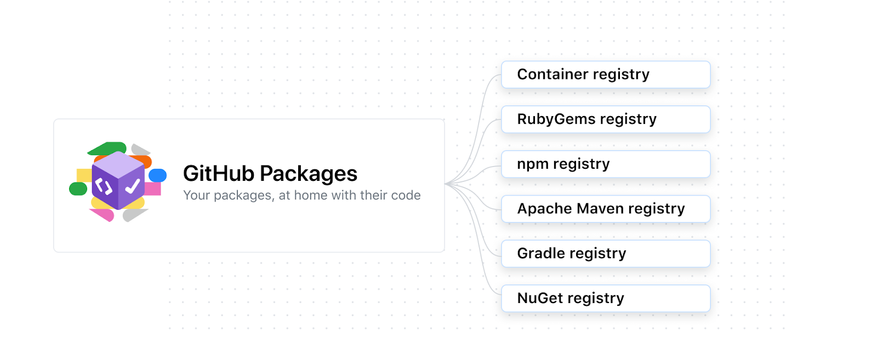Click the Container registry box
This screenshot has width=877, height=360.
tap(606, 75)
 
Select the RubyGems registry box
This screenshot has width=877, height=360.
tap(606, 119)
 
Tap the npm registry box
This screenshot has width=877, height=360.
tap(606, 164)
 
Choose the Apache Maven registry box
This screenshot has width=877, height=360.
tap(606, 209)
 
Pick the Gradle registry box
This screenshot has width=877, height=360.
tap(606, 254)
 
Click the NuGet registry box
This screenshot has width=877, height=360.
tap(606, 299)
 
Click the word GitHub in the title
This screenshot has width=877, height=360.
tap(219, 174)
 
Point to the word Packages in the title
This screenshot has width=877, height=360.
tap(308, 175)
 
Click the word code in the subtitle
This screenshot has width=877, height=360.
tap(406, 195)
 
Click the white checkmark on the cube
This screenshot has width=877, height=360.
tap(133, 187)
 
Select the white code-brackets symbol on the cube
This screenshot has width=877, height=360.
tap(103, 187)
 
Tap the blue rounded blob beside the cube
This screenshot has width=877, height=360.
tap(158, 175)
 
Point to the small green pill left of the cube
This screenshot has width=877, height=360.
tap(78, 189)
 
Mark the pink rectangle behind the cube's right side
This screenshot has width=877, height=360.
tap(153, 189)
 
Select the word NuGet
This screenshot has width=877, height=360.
tap(540, 299)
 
